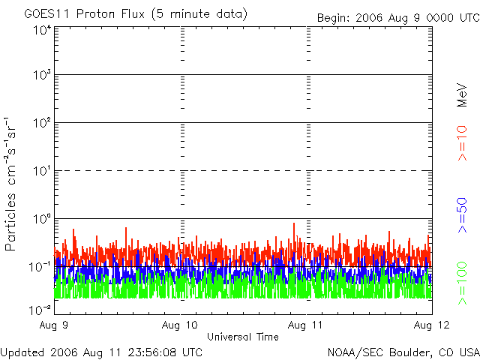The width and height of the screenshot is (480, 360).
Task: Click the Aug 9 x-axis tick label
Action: [53, 325]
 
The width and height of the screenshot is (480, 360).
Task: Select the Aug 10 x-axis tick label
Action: [180, 325]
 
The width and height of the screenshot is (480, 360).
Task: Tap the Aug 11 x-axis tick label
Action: [305, 325]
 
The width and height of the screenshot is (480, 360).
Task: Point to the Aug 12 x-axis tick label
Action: [432, 325]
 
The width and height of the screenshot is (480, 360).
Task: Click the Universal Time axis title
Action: [243, 337]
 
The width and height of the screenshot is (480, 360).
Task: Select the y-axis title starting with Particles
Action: [10, 184]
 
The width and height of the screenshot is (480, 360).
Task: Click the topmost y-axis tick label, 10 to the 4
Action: [42, 31]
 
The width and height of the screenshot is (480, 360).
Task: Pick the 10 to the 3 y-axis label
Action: [42, 75]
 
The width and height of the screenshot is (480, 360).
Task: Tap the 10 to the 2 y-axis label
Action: [42, 123]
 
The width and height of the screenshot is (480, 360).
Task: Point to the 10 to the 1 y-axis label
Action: [42, 171]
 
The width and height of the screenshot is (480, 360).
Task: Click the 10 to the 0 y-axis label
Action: [42, 219]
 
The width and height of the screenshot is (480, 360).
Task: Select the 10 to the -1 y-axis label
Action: [40, 267]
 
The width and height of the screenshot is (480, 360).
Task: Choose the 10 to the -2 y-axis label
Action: [40, 310]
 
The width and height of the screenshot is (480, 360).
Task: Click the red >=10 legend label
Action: [462, 143]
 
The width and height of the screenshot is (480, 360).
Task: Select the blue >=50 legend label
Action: [462, 215]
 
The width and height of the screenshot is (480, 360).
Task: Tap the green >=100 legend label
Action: [462, 283]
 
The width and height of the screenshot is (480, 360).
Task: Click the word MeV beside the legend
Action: [462, 95]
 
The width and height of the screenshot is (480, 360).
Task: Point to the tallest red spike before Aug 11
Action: [294, 223]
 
